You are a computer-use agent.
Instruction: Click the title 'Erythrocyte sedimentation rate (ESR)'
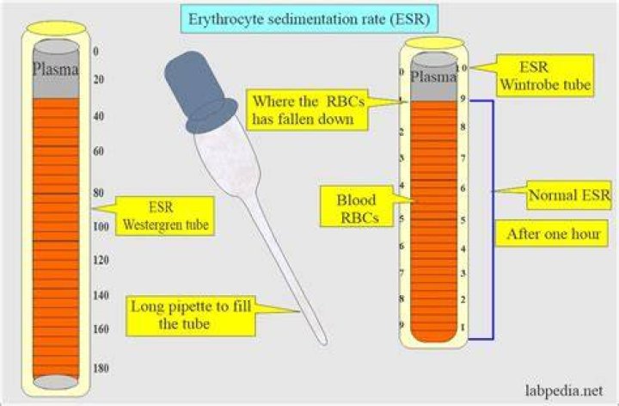tap(309, 19)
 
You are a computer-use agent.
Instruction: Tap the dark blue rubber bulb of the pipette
tap(199, 92)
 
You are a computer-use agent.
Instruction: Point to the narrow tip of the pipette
tap(324, 341)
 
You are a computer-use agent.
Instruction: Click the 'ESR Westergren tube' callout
tap(165, 216)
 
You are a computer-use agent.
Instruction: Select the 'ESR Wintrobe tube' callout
tap(545, 76)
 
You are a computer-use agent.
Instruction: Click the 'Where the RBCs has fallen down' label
tap(307, 110)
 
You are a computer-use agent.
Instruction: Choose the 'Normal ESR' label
tap(569, 195)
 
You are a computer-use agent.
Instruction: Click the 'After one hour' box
tap(552, 233)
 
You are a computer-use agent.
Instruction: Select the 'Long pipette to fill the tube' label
tap(191, 316)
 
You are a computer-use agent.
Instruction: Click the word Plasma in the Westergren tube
tap(55, 69)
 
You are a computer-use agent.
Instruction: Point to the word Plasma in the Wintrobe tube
tap(433, 77)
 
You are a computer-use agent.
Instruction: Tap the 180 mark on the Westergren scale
tap(101, 368)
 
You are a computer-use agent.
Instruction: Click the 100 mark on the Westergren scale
tap(101, 227)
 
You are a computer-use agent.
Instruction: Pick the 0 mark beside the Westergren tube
tap(95, 52)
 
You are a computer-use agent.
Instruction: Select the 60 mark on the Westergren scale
tap(98, 151)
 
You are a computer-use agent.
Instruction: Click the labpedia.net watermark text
tap(564, 391)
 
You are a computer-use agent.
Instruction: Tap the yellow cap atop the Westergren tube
tap(56, 28)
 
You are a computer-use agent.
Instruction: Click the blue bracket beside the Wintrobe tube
tap(493, 219)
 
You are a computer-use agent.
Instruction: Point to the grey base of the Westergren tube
tap(55, 382)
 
